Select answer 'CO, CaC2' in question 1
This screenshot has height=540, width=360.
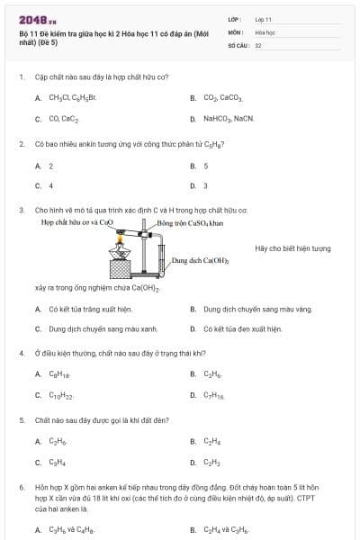pos(63,118)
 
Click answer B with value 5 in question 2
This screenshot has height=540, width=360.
pos(206,166)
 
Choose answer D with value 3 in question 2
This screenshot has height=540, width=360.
pos(206,186)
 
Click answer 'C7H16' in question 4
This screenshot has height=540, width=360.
pos(213,395)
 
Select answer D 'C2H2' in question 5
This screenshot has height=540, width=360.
pos(211,463)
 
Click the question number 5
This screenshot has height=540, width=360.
pos(22,420)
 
